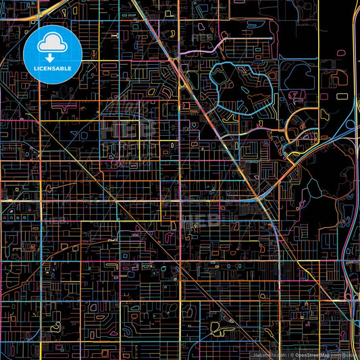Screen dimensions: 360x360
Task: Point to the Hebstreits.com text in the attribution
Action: [x=269, y=355]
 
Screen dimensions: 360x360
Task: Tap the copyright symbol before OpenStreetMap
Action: [x=292, y=355]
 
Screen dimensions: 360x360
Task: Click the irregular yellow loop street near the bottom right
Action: [x=217, y=328]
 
